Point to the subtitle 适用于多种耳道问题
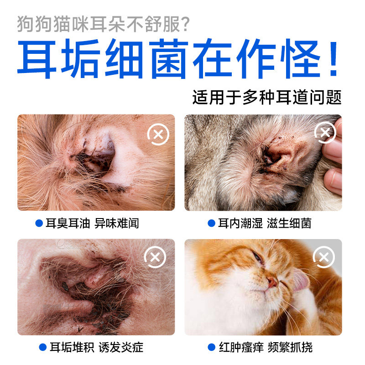(x=267, y=98)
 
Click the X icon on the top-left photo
(x=158, y=134)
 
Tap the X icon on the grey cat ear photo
(x=325, y=133)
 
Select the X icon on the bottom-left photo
(x=155, y=258)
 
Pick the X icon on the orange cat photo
(x=324, y=258)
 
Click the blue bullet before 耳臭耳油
(x=39, y=223)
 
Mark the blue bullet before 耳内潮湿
(x=211, y=223)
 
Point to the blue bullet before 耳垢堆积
(x=43, y=348)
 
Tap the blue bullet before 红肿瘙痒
(x=211, y=348)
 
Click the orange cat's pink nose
(x=272, y=282)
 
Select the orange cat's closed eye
(x=258, y=259)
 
